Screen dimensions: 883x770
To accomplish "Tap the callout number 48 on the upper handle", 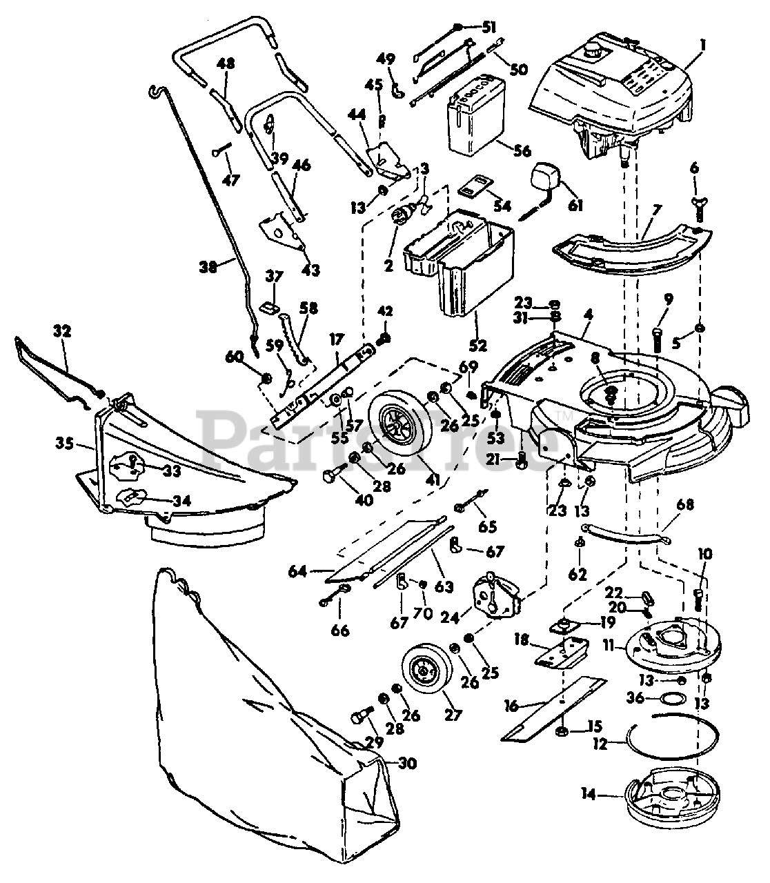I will (226, 63).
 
